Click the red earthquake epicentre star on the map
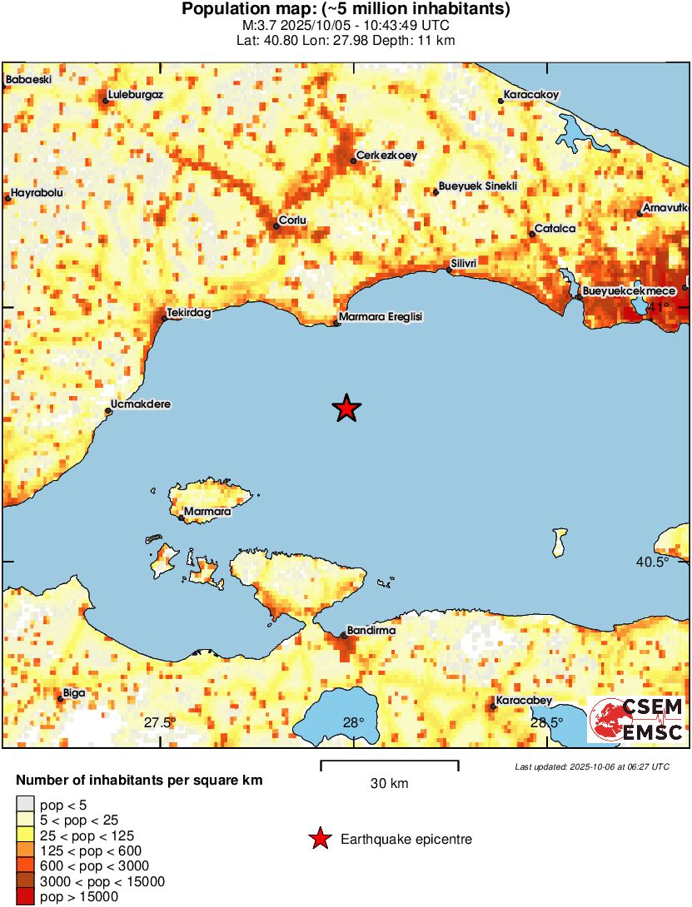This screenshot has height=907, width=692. (x=346, y=409)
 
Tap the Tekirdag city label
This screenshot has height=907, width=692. (x=189, y=313)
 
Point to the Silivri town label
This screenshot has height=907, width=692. (x=463, y=264)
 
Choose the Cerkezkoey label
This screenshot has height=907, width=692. (x=386, y=155)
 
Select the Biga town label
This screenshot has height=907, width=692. (x=74, y=692)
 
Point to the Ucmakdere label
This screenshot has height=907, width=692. (x=141, y=404)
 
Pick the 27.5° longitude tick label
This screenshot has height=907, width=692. (x=160, y=722)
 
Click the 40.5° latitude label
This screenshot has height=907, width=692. (x=652, y=562)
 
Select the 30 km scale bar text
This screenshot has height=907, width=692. (x=389, y=784)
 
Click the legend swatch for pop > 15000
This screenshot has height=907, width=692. (x=26, y=896)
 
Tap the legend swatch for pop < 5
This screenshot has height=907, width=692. (x=26, y=804)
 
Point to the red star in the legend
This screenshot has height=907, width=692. (x=320, y=840)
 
